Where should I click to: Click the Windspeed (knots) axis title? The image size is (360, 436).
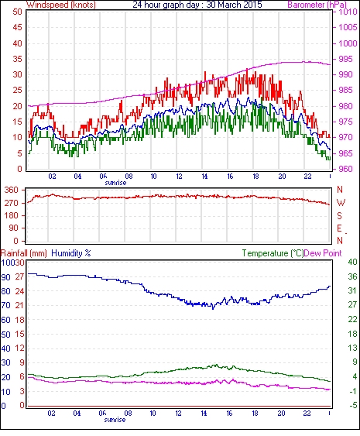[x=61, y=5]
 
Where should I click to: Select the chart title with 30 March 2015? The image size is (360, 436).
[x=197, y=5]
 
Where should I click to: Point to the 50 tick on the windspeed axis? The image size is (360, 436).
[x=17, y=12]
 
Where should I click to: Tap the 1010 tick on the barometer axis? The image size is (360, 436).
[x=348, y=12]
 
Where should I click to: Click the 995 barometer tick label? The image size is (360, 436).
[x=345, y=59]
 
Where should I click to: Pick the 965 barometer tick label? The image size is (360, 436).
[x=345, y=153]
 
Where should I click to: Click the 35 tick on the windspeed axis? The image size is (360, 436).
[x=17, y=59]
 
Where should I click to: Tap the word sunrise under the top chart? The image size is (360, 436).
[x=115, y=183]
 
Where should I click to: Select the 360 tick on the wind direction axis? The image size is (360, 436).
[x=12, y=191]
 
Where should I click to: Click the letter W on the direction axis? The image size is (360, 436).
[x=341, y=203]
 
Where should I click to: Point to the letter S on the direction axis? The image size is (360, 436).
[x=339, y=215]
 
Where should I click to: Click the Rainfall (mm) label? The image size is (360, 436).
[x=24, y=253]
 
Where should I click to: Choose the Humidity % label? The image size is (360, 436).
[x=71, y=253]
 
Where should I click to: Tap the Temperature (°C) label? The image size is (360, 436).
[x=273, y=253]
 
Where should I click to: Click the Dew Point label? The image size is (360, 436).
[x=323, y=253]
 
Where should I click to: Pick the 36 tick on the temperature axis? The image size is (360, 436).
[x=352, y=276]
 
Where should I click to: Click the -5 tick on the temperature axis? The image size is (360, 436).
[x=352, y=406]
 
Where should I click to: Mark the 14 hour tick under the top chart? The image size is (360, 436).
[x=204, y=177]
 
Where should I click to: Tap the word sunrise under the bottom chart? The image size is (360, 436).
[x=115, y=419]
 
